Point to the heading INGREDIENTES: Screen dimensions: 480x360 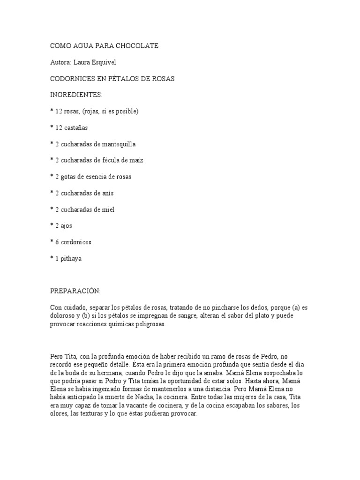pyautogui.click(x=76, y=95)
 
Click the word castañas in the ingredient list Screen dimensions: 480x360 pyautogui.click(x=76, y=127)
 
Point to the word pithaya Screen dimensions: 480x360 pyautogui.click(x=72, y=259)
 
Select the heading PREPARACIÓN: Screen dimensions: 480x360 pyautogui.click(x=75, y=291)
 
